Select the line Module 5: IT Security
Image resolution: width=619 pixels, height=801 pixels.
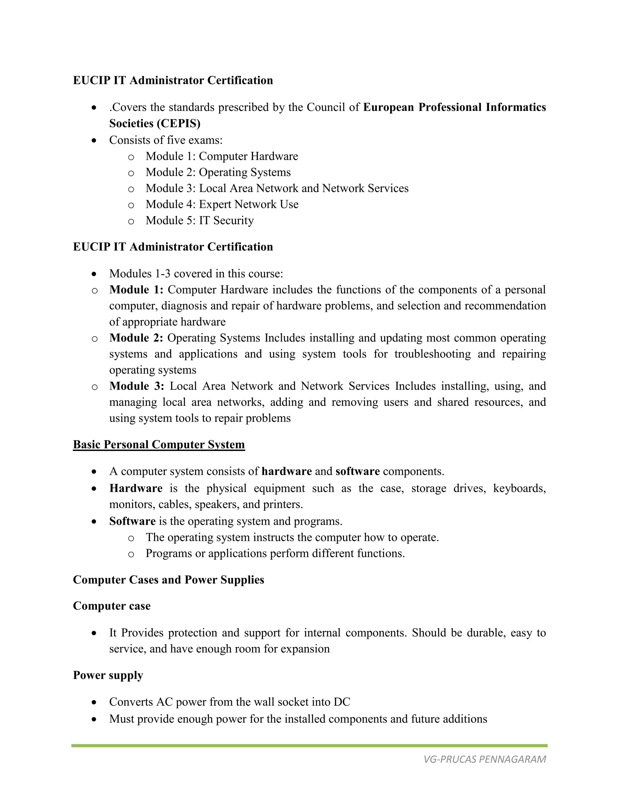point(199,220)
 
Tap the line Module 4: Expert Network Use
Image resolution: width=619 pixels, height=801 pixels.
point(222,204)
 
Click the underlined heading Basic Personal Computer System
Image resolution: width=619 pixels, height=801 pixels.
point(159,445)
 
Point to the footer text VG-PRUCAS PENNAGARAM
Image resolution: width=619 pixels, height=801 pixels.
point(485,759)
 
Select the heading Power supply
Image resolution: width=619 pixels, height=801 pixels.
point(108,675)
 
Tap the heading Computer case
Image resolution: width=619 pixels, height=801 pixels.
point(112,606)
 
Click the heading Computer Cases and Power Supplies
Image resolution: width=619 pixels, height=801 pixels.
point(168,580)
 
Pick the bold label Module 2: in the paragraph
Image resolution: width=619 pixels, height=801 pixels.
point(136,338)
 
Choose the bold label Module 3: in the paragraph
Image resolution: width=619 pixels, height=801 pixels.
point(136,386)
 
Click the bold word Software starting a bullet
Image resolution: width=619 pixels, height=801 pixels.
point(132,521)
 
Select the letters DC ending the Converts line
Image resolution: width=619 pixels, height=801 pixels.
point(342,702)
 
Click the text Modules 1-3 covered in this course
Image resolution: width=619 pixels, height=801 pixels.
point(196,274)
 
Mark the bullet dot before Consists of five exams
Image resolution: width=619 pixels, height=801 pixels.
point(95,141)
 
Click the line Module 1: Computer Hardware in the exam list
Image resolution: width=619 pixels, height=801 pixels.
point(222,156)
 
